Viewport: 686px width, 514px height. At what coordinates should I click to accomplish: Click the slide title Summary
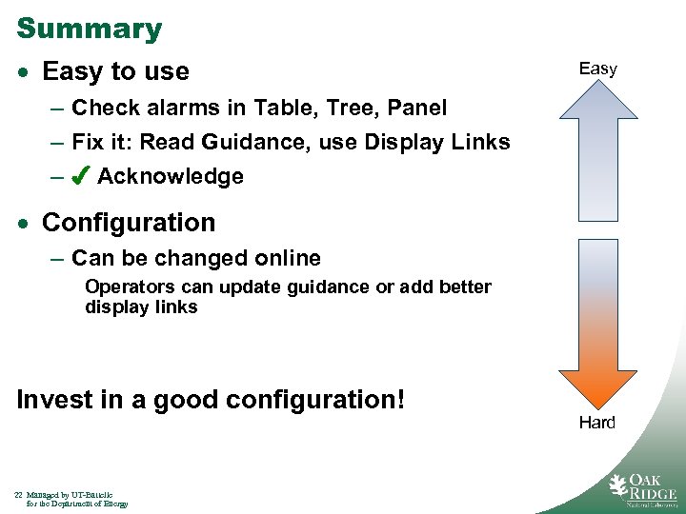[90, 29]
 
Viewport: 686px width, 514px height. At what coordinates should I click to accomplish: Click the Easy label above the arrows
[597, 69]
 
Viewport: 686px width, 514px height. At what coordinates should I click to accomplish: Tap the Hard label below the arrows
[596, 423]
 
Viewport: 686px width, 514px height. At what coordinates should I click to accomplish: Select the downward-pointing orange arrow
[597, 319]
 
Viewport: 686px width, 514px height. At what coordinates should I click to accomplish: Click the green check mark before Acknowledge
[81, 176]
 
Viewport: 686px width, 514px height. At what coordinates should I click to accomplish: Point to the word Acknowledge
[171, 177]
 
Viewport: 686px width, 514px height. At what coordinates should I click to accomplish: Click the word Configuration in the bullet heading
[129, 223]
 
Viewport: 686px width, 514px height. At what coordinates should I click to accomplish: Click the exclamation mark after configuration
[400, 399]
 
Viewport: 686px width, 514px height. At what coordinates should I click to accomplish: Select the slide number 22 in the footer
[19, 495]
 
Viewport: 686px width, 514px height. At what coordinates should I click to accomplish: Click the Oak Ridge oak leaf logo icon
[619, 485]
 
